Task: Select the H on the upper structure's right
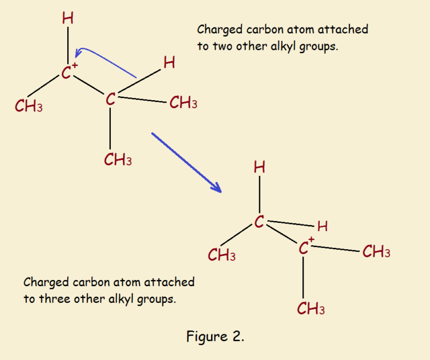click(x=169, y=63)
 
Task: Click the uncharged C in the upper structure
click(x=111, y=100)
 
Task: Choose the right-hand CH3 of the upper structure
click(x=183, y=103)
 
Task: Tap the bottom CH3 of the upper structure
click(x=118, y=160)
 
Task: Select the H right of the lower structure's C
click(x=322, y=227)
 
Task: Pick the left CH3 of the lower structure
click(x=222, y=256)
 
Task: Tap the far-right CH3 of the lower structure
click(x=376, y=253)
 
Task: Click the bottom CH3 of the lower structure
click(x=311, y=308)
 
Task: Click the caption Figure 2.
click(x=215, y=336)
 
